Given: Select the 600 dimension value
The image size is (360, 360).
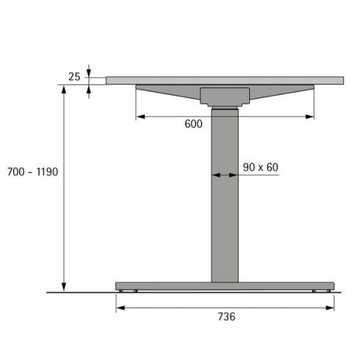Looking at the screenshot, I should [193, 124].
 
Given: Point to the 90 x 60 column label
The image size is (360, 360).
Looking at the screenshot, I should [261, 168].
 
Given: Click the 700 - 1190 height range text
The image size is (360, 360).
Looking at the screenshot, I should [31, 171].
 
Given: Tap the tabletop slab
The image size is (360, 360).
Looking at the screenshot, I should [224, 79].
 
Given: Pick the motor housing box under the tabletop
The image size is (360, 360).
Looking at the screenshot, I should [224, 96].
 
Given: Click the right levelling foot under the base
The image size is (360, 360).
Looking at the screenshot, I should [315, 291].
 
